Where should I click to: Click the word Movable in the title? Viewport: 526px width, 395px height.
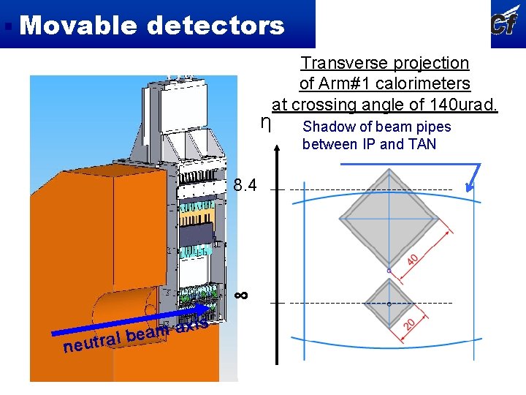click(x=79, y=26)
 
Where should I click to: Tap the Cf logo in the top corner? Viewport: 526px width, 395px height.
click(x=506, y=23)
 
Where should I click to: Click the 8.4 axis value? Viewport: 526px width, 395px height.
click(x=245, y=186)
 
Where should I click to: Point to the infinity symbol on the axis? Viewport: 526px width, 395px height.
click(x=242, y=295)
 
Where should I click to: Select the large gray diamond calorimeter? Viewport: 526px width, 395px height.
click(x=389, y=219)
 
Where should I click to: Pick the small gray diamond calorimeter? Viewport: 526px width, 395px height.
click(x=389, y=303)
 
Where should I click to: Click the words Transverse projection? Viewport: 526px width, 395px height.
click(x=385, y=64)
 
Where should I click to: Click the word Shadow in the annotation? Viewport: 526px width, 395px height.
click(x=326, y=127)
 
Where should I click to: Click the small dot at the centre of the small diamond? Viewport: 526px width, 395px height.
click(x=389, y=303)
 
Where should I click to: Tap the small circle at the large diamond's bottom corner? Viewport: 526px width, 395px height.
click(x=389, y=271)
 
